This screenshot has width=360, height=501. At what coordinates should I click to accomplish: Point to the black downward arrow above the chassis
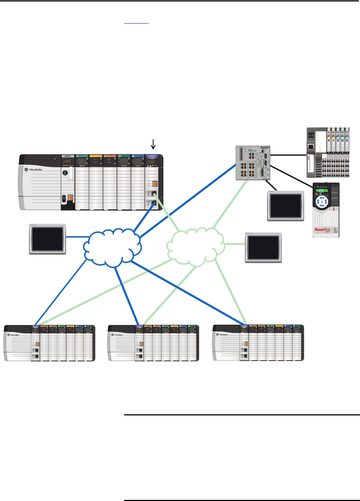[153, 145]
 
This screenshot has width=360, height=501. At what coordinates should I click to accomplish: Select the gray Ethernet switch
[253, 163]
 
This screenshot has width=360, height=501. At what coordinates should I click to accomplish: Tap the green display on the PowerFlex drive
[321, 191]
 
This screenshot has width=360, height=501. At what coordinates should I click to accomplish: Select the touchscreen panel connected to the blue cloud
[47, 239]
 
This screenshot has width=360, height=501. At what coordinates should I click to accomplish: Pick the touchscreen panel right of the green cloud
[263, 248]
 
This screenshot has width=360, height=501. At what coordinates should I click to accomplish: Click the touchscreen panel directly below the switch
[285, 206]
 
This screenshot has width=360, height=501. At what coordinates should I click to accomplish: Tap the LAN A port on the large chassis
[154, 193]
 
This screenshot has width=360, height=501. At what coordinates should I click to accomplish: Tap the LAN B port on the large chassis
[154, 203]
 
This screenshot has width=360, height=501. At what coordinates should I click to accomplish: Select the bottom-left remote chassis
[49, 343]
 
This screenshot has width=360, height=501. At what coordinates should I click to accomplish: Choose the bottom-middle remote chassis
[154, 343]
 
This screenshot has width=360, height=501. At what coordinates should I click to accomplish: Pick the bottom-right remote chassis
[258, 342]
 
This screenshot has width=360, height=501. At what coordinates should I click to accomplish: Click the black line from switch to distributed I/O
[289, 155]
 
